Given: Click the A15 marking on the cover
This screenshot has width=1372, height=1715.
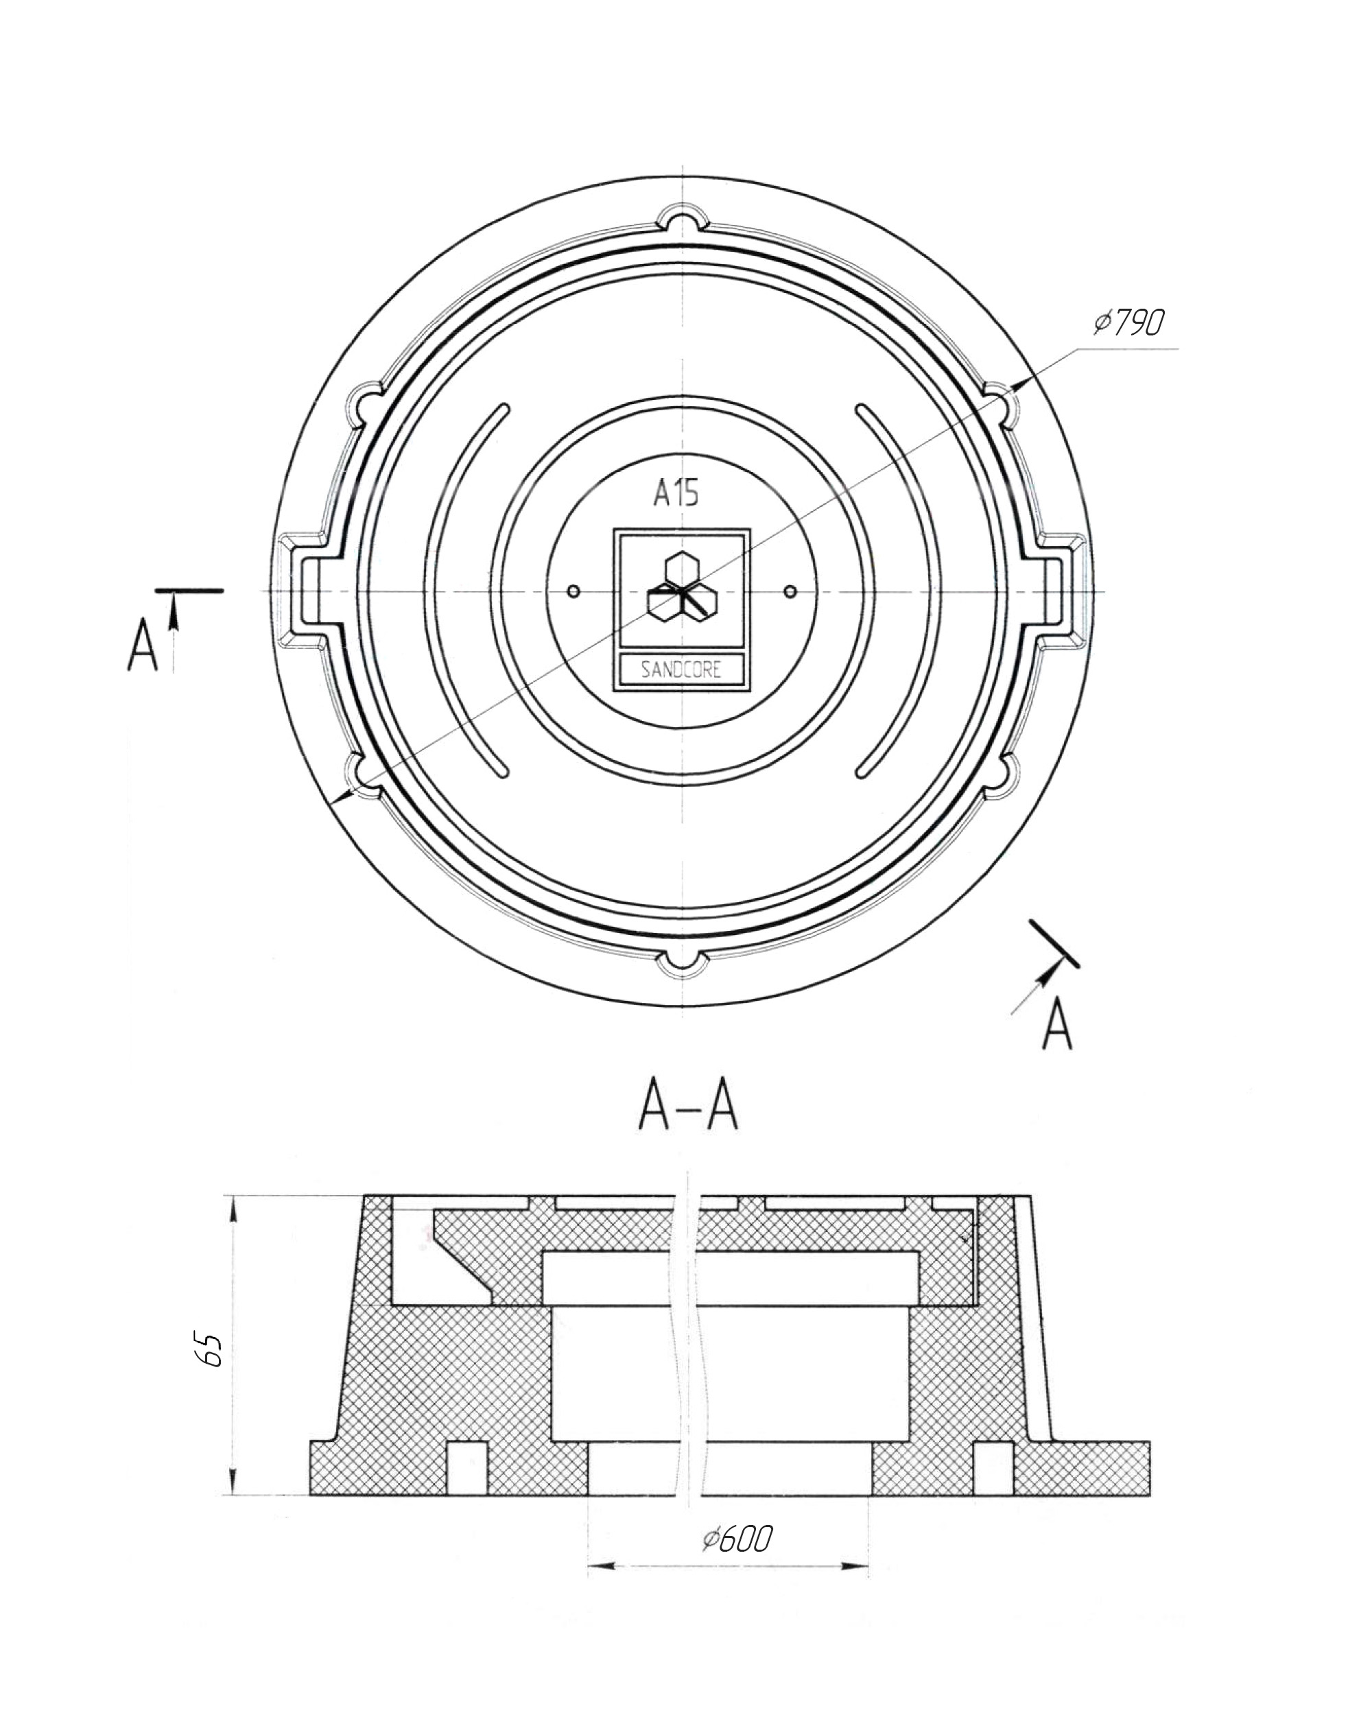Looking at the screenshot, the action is point(676,493).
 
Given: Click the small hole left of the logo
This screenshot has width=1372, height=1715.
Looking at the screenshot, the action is point(574,591).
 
